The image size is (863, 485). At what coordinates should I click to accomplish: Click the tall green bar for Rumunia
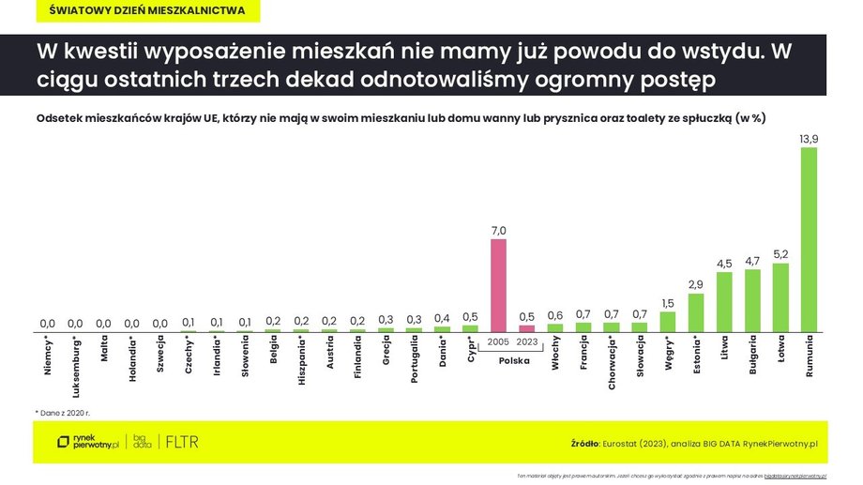pyautogui.click(x=809, y=239)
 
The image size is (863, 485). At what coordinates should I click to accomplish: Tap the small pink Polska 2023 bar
pyautogui.click(x=527, y=328)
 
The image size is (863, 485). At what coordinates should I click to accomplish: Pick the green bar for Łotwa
pyautogui.click(x=780, y=297)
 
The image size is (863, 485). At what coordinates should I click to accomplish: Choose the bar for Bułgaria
pyautogui.click(x=752, y=300)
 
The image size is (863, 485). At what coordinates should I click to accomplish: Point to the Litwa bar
pyautogui.click(x=724, y=302)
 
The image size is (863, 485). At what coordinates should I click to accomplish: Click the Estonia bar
pyautogui.click(x=695, y=312)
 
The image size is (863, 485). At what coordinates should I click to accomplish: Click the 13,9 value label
pyautogui.click(x=809, y=138)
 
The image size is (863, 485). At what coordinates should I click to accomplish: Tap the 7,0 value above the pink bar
pyautogui.click(x=498, y=230)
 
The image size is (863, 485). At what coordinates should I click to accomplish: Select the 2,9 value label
pyautogui.click(x=695, y=284)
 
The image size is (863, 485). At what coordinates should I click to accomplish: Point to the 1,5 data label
pyautogui.click(x=667, y=302)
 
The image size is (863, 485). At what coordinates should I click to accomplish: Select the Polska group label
pyautogui.click(x=512, y=360)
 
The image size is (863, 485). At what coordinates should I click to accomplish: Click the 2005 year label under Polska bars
pyautogui.click(x=498, y=343)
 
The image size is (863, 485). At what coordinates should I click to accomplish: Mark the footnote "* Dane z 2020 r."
pyautogui.click(x=64, y=412)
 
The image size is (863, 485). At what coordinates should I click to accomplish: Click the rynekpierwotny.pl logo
pyautogui.click(x=87, y=442)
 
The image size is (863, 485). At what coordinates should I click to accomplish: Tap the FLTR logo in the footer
pyautogui.click(x=182, y=442)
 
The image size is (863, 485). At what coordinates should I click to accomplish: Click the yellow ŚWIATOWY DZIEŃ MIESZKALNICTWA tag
pyautogui.click(x=147, y=11)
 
